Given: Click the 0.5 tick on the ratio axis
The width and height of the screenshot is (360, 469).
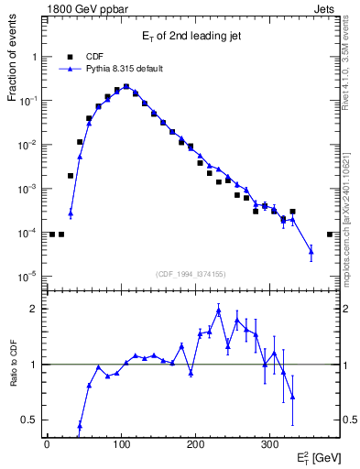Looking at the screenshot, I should coord(31,420).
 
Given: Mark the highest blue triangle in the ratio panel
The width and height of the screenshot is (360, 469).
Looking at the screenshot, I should coord(219,311).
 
